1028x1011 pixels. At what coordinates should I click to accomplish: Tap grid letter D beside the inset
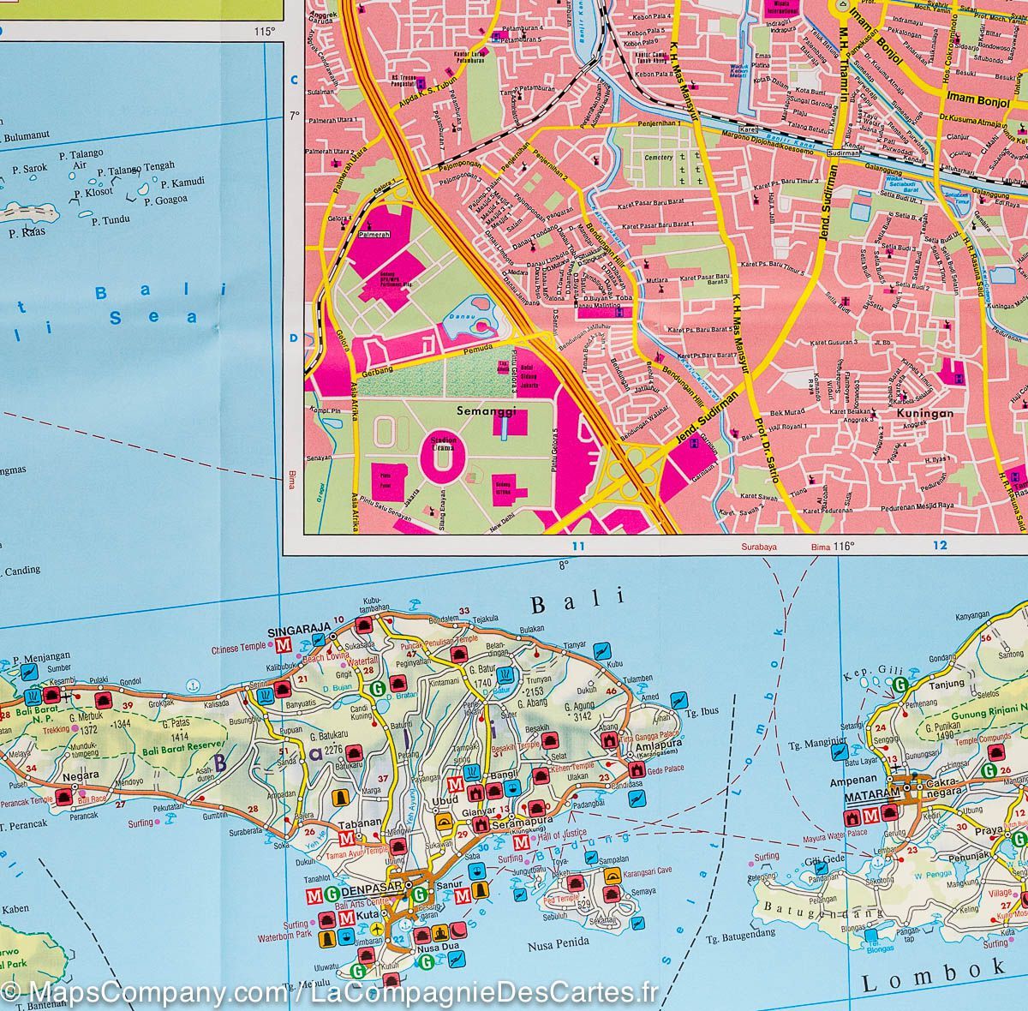[x=292, y=338]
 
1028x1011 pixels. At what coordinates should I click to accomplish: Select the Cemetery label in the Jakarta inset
[x=659, y=158]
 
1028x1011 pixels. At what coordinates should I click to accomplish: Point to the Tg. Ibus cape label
[x=701, y=711]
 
